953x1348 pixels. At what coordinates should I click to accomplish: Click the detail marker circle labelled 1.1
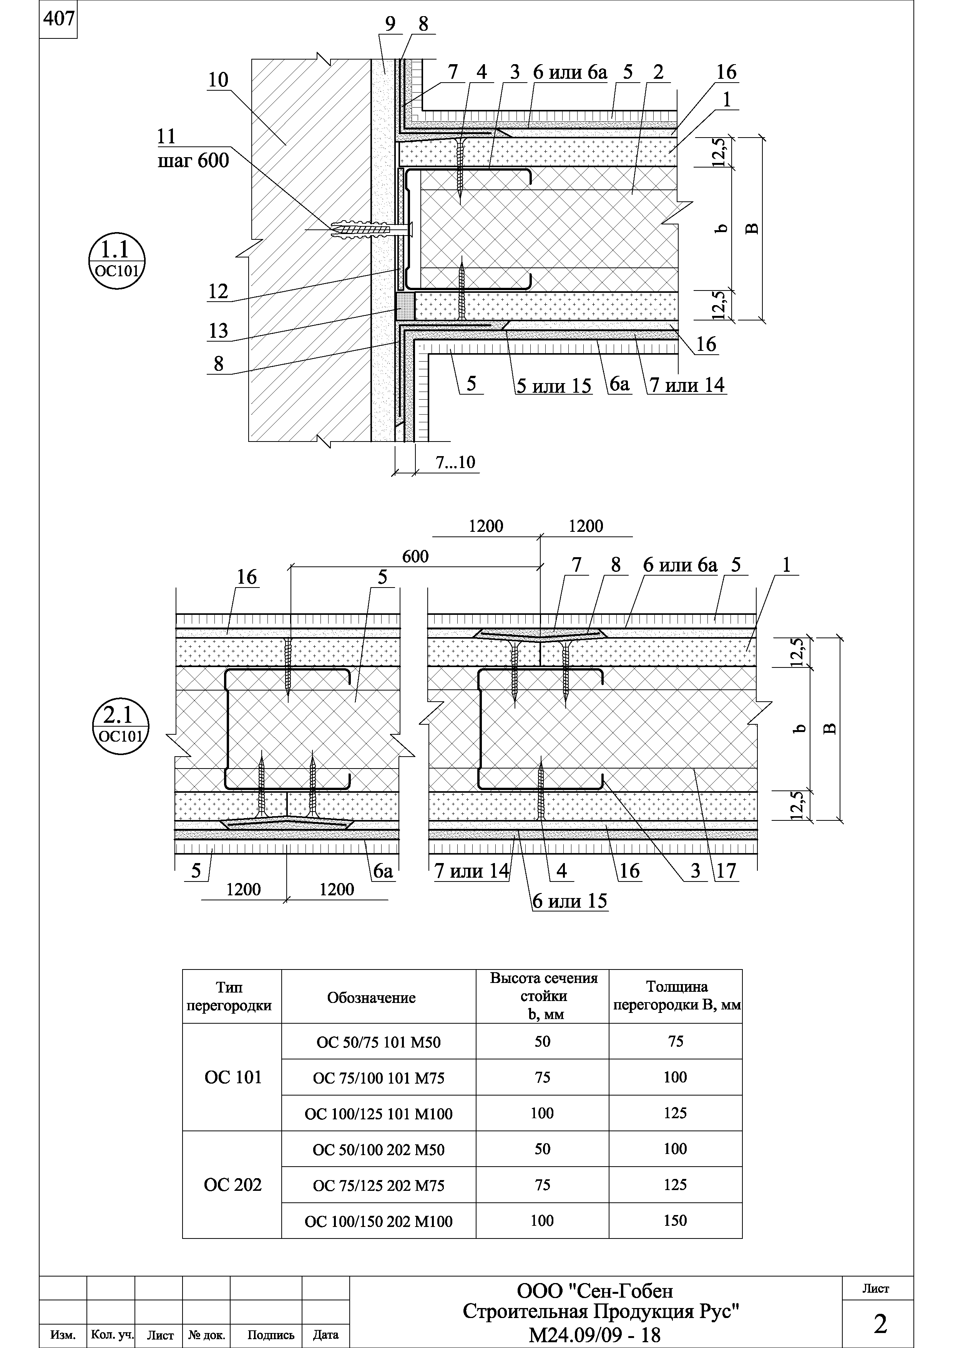[116, 261]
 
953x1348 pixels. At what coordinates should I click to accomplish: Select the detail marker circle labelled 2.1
[120, 725]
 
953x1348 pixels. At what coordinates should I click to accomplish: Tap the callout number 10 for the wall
[218, 80]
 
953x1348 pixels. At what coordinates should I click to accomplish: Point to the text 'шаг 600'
[193, 160]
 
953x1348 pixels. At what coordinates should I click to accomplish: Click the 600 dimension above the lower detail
[415, 556]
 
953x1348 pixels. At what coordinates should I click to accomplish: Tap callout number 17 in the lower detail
[726, 871]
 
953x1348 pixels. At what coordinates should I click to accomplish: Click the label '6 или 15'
[569, 901]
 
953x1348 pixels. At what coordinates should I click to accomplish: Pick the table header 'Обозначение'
[371, 998]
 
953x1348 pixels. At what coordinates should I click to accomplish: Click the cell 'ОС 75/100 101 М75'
[379, 1078]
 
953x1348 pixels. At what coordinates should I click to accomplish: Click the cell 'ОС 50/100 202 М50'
[379, 1150]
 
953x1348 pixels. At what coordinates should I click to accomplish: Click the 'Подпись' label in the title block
[271, 1335]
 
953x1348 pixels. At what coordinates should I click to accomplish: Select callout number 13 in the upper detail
[218, 331]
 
